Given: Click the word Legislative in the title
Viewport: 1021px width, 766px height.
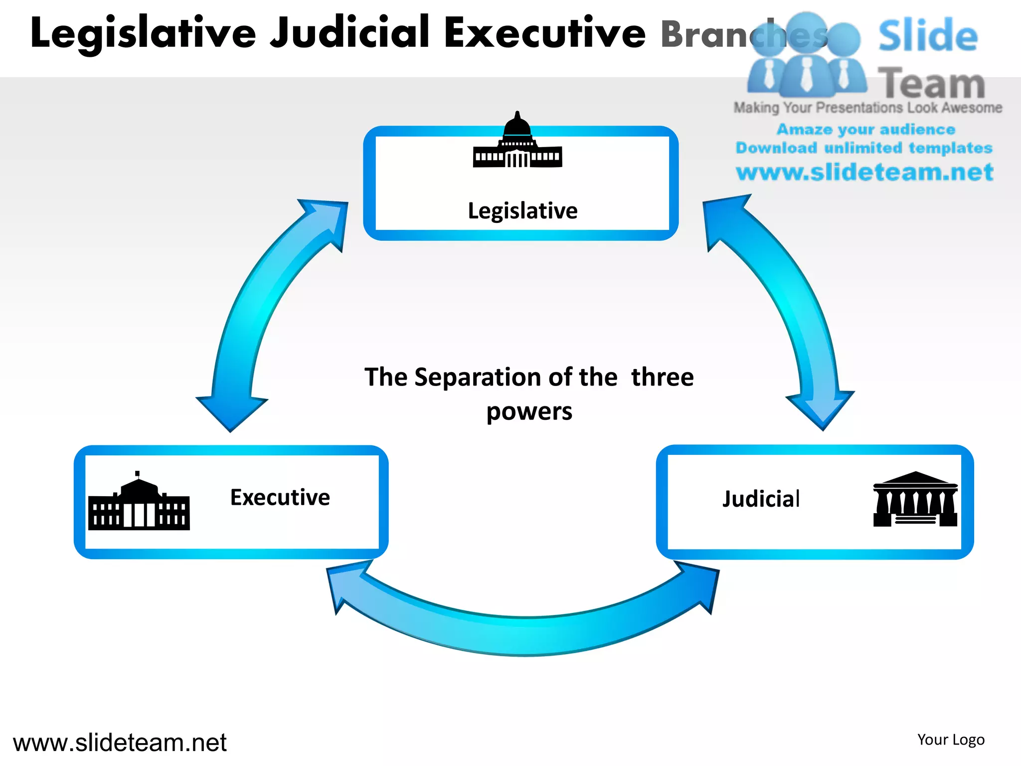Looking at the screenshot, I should click(x=143, y=33).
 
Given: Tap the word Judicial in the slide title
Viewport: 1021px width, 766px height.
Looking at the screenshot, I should click(x=349, y=32).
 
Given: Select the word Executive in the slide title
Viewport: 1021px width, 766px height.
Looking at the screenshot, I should click(x=544, y=32).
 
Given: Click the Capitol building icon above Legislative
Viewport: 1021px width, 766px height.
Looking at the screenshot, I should click(x=517, y=142).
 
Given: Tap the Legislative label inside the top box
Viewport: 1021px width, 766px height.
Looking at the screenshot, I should click(x=522, y=211).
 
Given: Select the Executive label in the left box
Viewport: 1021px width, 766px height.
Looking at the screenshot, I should click(x=280, y=498).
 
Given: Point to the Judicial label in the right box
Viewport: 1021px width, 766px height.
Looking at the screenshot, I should click(x=761, y=499).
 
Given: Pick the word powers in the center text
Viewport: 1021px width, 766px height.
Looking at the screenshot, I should click(x=529, y=412).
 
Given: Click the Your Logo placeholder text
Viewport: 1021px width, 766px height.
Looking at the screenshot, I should click(x=951, y=740).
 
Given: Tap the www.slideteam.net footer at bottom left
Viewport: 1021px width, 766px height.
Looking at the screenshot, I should click(x=120, y=743).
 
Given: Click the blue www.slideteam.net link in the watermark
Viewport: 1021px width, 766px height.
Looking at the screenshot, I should click(x=864, y=173).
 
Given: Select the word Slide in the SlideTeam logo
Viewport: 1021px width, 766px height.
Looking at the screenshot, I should click(x=928, y=36).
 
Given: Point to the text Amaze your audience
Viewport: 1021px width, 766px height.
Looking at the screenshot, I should click(x=865, y=130).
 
